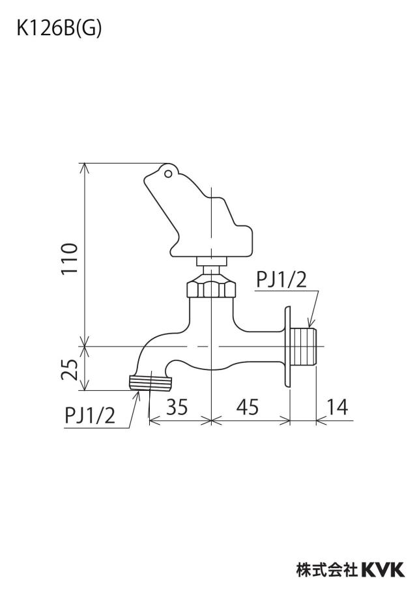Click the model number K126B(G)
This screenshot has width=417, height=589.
(59, 29)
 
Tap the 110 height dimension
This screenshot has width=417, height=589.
(70, 259)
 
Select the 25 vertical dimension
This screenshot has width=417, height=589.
(70, 369)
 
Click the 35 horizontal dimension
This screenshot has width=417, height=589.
(177, 406)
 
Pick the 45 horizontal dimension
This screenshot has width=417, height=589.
(248, 406)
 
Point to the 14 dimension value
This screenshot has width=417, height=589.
(337, 406)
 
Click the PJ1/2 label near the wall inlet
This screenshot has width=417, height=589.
(281, 280)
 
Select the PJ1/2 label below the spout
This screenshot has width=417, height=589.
(90, 416)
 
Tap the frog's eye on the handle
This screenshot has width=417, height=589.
(168, 173)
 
